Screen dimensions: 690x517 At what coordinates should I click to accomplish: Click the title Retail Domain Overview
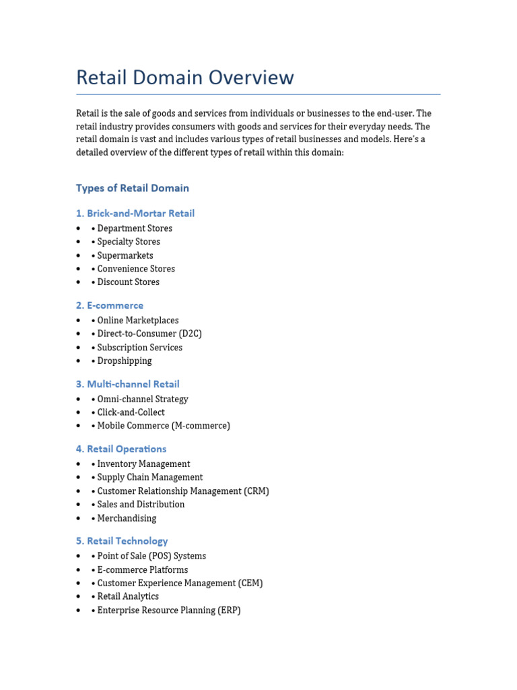point(185,77)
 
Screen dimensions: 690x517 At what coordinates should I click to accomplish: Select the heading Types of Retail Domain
point(133,188)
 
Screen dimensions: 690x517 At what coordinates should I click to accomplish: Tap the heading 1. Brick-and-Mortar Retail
point(135,214)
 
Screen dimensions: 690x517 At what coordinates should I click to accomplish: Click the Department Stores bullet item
point(134,228)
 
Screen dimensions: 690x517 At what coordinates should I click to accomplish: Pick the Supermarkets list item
point(125,255)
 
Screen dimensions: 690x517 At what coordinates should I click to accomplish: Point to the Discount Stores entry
point(128,282)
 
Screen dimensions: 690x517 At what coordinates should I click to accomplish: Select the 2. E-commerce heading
point(110,305)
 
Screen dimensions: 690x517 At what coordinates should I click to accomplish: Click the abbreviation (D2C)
point(190,334)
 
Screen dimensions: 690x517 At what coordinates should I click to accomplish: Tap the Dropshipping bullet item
point(124,360)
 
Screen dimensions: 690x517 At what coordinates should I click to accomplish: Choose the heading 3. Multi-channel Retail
point(128,384)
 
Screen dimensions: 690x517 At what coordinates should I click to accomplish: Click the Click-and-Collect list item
point(131,412)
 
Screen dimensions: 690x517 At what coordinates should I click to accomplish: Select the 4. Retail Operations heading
point(121,449)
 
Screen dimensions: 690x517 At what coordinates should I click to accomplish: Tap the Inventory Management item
point(143,464)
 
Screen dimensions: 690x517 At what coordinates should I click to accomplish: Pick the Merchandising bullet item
point(127,518)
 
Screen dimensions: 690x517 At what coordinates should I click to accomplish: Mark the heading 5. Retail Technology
point(122,541)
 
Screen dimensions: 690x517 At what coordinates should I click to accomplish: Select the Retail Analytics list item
point(128,596)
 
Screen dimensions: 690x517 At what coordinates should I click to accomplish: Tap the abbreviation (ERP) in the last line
point(229,610)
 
